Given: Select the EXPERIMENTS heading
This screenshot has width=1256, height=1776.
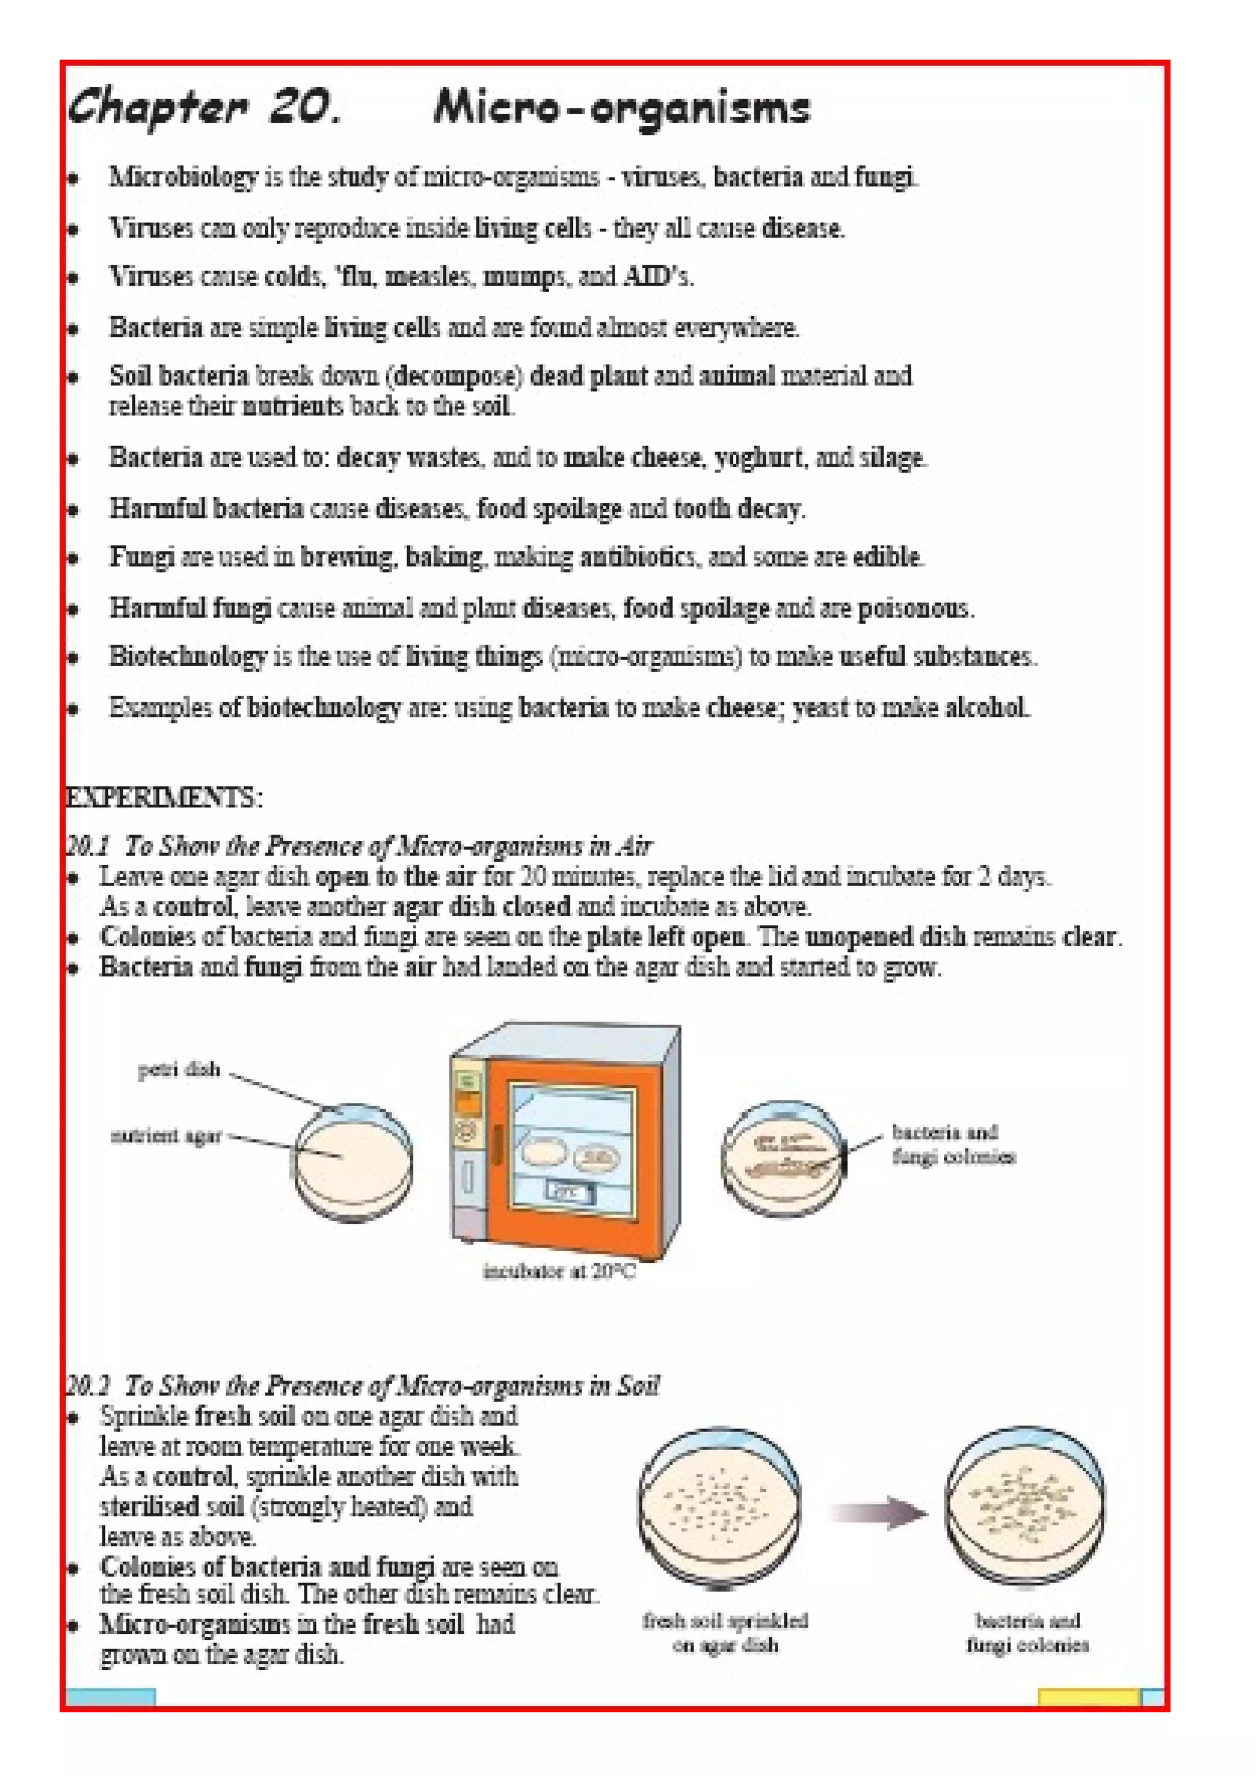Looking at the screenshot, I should pos(164,797).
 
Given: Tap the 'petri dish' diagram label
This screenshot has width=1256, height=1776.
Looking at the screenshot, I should pos(178,1070).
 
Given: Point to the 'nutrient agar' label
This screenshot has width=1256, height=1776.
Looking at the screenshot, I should pos(166,1136).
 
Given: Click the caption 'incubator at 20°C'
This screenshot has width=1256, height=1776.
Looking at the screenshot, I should pos(559,1271).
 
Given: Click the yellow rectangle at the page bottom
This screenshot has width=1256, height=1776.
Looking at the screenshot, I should pos(1087,1697).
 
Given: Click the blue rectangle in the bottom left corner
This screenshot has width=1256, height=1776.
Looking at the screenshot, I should pos(110,1697).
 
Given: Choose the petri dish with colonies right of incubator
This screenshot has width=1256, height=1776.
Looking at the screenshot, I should pos(783,1158).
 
